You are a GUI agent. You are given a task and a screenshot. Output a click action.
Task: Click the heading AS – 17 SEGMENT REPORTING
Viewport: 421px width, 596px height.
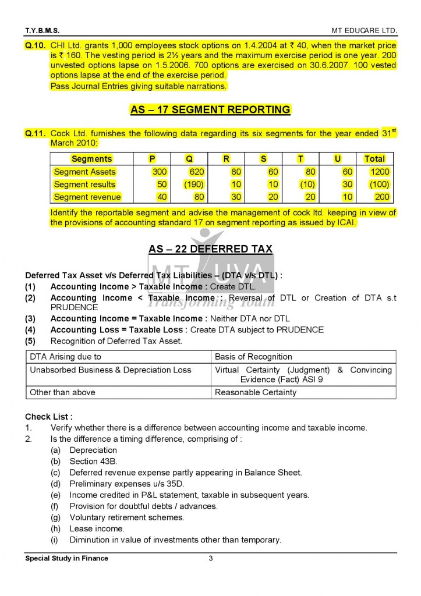[x=210, y=109]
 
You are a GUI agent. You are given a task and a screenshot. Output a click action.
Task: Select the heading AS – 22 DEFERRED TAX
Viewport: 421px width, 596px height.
[x=210, y=249]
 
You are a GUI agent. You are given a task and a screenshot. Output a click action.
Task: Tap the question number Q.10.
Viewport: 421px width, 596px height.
[x=36, y=45]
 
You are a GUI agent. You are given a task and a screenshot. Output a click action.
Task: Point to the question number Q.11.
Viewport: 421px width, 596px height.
[x=36, y=133]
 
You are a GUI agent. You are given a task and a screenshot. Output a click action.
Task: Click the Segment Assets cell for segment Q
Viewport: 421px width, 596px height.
[x=190, y=172]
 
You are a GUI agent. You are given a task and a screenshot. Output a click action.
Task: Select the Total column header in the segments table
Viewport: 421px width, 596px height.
[x=374, y=159]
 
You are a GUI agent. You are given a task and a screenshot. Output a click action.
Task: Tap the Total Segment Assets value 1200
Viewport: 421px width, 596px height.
[x=380, y=172]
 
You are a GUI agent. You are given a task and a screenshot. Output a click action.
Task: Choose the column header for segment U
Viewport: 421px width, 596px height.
[x=337, y=159]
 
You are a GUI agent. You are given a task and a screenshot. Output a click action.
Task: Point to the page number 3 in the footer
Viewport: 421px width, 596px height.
[x=211, y=559]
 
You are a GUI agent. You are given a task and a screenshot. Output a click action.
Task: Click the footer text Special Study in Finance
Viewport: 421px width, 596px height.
[x=66, y=559]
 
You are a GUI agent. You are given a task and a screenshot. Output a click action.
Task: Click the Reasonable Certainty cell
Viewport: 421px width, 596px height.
[x=256, y=392]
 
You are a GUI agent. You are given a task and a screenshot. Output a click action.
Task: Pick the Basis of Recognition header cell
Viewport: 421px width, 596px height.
[x=253, y=357]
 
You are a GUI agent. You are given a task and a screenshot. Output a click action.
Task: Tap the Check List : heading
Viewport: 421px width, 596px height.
[x=49, y=417]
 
